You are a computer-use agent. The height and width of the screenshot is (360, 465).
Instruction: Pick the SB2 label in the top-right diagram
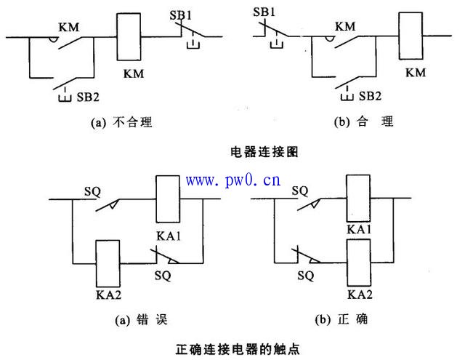coord(370,96)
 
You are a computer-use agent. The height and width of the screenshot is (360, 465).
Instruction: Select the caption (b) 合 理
coord(363,123)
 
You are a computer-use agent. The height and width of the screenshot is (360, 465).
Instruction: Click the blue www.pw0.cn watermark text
coord(233,180)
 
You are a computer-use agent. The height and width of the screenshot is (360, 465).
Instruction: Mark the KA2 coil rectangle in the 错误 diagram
coord(108,263)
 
